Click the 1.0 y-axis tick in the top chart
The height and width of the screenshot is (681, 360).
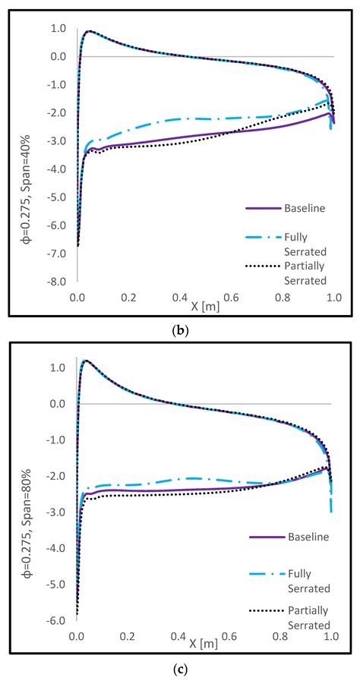(57, 28)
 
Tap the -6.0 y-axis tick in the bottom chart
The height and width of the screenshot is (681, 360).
(57, 620)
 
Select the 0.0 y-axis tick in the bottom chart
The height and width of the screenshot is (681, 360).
(58, 404)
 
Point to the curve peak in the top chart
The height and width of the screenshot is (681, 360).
(90, 31)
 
